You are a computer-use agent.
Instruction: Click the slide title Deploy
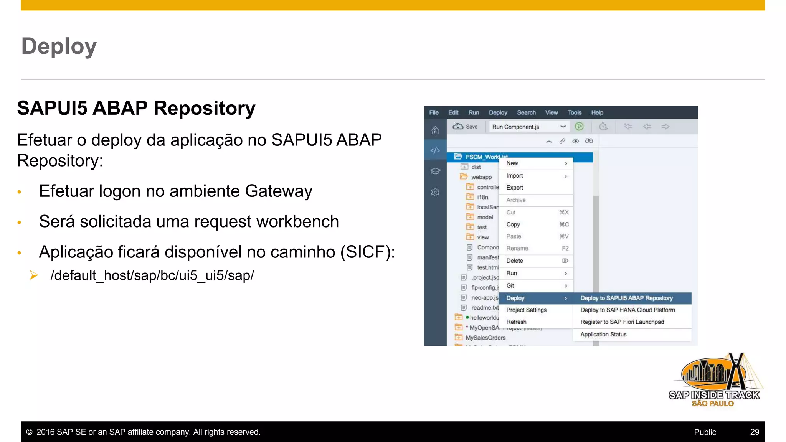(x=59, y=46)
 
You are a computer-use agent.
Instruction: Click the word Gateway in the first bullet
(x=278, y=191)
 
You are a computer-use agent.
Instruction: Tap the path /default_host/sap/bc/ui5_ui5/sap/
(x=152, y=275)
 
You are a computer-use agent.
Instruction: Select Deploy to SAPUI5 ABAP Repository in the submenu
(x=626, y=298)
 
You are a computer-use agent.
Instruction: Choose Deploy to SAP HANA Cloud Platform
(x=627, y=310)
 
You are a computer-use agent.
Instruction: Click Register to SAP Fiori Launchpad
(x=622, y=322)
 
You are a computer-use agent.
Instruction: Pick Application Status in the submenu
(x=603, y=334)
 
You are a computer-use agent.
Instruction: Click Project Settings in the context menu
(x=526, y=310)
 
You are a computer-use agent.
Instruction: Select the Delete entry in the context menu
(x=515, y=261)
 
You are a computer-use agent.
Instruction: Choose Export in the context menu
(x=515, y=188)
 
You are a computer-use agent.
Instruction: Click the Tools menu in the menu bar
(x=575, y=112)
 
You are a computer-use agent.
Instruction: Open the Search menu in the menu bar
(x=526, y=112)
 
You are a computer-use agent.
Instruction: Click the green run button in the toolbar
(x=579, y=126)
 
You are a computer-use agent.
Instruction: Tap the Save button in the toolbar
(x=466, y=127)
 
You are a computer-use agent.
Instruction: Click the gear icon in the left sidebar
(x=435, y=192)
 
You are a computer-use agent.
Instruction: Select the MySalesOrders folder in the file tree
(x=485, y=338)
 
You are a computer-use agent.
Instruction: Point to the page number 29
(x=755, y=432)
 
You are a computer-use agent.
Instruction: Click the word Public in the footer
(x=705, y=432)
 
